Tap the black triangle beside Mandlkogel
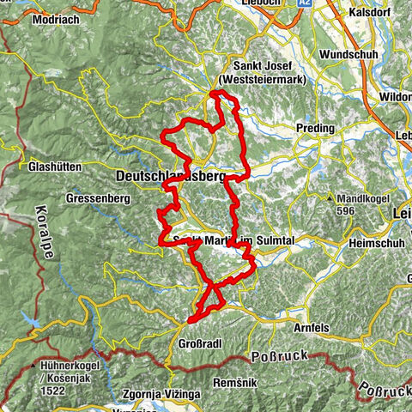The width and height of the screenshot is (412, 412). (331, 197)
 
